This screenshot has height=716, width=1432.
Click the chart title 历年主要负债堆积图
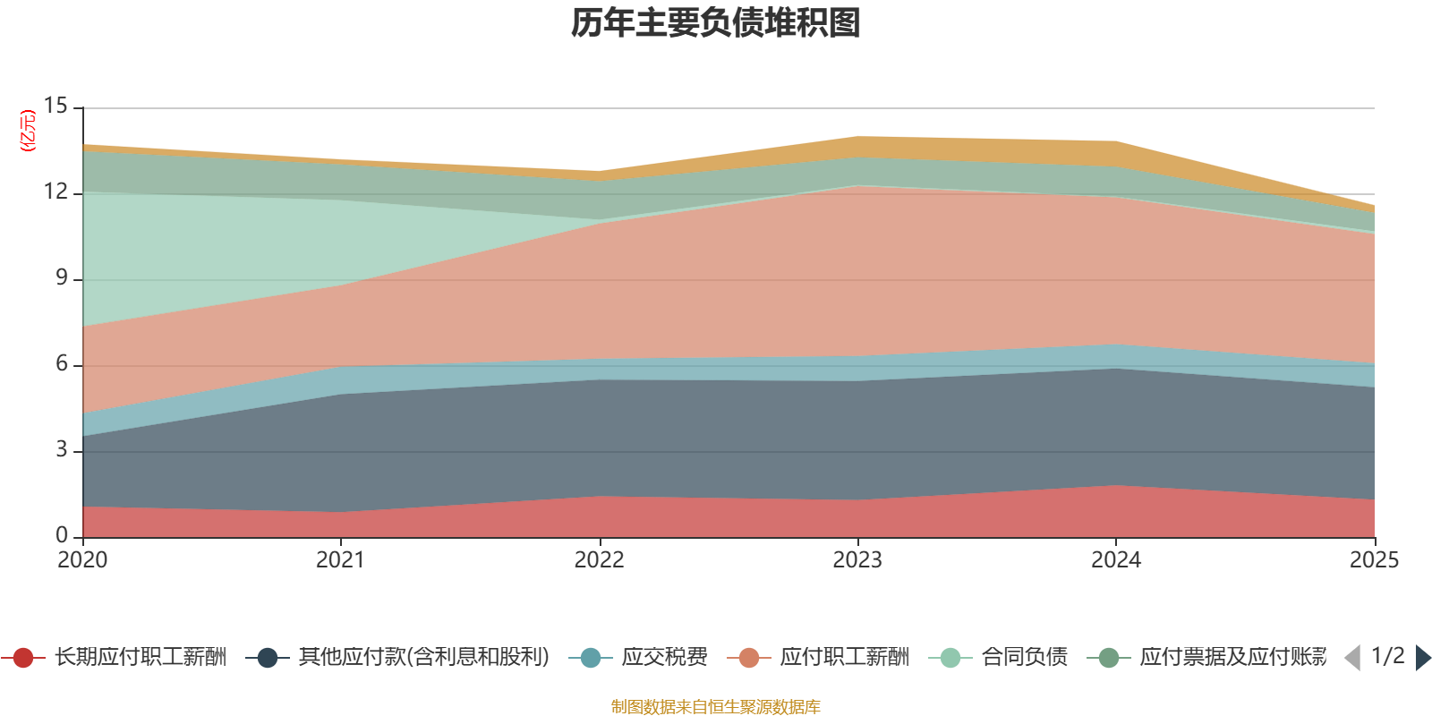[x=715, y=24]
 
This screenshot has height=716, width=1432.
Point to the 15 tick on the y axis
[x=56, y=107]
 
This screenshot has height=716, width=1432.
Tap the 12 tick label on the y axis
[x=56, y=192]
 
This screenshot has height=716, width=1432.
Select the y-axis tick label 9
[x=62, y=278]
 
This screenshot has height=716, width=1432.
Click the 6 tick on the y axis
[x=62, y=364]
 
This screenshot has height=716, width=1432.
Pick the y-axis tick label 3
[x=62, y=450]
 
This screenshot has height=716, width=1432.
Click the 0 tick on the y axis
[x=62, y=536]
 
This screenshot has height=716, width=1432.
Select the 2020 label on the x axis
[x=82, y=560]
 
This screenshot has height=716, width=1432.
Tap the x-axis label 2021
[x=340, y=560]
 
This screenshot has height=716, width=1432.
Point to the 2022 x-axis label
[x=599, y=560]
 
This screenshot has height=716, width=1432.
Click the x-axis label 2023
[x=857, y=560]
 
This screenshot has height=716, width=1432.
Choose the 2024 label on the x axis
[x=1115, y=560]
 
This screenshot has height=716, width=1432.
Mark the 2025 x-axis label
[x=1374, y=560]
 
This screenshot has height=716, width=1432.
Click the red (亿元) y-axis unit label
[x=29, y=131]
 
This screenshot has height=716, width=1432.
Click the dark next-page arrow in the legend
[x=1422, y=658]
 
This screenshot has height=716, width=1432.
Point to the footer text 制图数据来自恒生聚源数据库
[x=715, y=707]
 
